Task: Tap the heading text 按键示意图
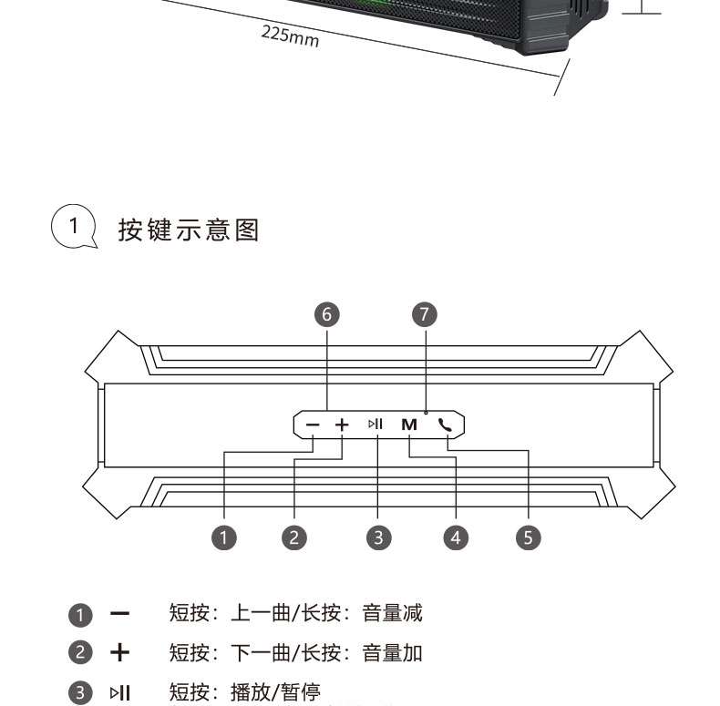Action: click(189, 230)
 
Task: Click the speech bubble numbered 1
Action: click(73, 226)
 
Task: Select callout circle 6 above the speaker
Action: click(326, 314)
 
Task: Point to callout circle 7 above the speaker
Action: click(425, 314)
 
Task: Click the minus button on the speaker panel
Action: click(314, 425)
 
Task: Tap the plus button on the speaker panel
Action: click(342, 425)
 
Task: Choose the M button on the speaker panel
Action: click(408, 425)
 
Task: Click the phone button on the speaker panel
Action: click(445, 425)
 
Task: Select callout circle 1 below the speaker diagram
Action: click(224, 537)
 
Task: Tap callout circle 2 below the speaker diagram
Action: click(293, 537)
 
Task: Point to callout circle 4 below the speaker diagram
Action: click(455, 537)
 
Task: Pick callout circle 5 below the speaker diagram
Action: click(528, 537)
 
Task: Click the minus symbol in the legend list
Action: click(120, 614)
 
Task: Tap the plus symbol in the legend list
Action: click(120, 653)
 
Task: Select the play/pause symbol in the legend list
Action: click(120, 693)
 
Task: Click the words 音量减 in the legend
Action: click(392, 613)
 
